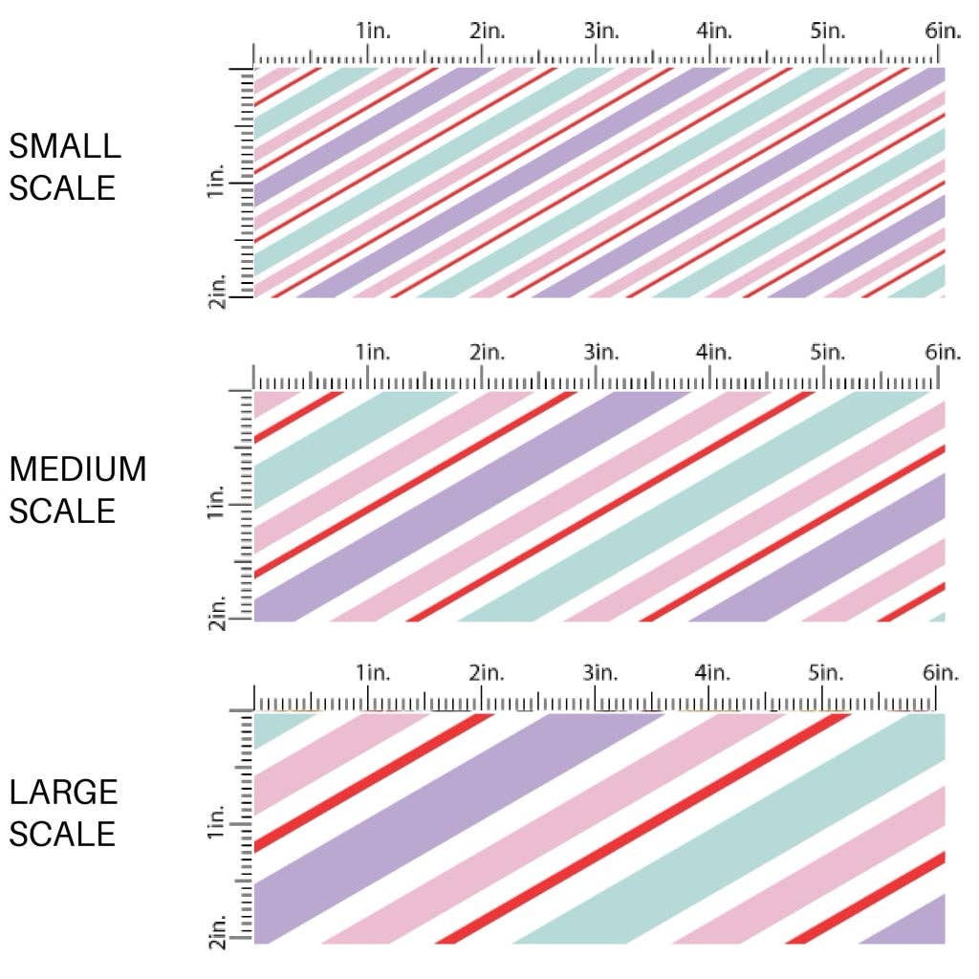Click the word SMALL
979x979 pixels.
[65, 146]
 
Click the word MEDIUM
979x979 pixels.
[78, 469]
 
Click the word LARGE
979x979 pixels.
[64, 792]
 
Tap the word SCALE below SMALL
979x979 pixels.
[62, 187]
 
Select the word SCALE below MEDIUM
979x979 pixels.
[62, 511]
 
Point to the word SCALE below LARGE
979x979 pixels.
[62, 834]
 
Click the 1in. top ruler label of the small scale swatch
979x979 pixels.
[374, 31]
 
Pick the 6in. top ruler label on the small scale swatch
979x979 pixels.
[943, 31]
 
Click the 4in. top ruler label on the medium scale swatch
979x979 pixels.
[714, 353]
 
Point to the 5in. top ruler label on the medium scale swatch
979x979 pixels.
[828, 353]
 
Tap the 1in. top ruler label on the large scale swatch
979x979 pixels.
[374, 674]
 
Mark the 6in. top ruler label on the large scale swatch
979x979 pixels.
[943, 674]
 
